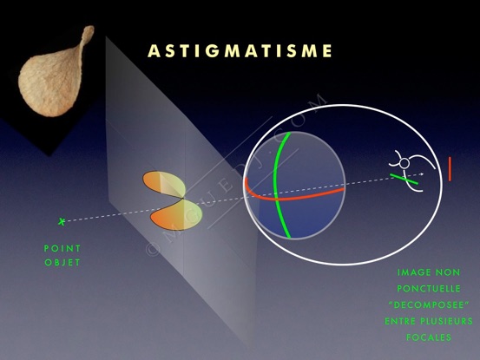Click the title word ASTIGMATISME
tap(240, 51)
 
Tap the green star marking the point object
tap(62, 221)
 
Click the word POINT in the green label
tap(62, 248)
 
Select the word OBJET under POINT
tap(62, 263)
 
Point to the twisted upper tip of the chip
tap(89, 30)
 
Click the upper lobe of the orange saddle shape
tap(164, 184)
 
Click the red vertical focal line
tap(450, 169)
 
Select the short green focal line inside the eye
tap(404, 180)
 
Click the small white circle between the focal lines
tap(404, 163)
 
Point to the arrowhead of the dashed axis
tap(422, 174)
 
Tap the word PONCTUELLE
tap(429, 288)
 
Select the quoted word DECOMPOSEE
tap(429, 305)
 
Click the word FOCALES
tap(429, 337)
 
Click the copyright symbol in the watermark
tap(153, 249)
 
